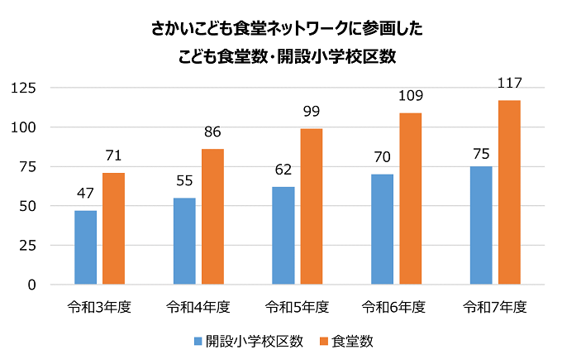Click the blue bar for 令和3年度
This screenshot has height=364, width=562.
(x=85, y=247)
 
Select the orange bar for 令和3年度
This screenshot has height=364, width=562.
(x=113, y=228)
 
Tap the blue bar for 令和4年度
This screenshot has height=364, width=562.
(x=184, y=241)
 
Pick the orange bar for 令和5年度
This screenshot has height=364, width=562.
(x=312, y=207)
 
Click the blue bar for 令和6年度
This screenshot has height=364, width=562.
(x=382, y=229)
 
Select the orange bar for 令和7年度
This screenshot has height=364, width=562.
(x=509, y=192)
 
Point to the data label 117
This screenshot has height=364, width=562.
(x=509, y=84)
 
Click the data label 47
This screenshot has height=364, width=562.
(x=85, y=194)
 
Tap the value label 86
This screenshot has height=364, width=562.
(x=212, y=132)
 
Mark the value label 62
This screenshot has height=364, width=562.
(x=283, y=170)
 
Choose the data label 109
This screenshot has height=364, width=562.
(x=410, y=96)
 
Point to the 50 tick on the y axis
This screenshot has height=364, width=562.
(x=29, y=206)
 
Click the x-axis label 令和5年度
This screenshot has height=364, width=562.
(x=297, y=307)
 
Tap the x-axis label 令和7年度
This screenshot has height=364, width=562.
(x=495, y=307)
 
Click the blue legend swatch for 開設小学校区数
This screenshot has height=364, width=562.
(x=198, y=341)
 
